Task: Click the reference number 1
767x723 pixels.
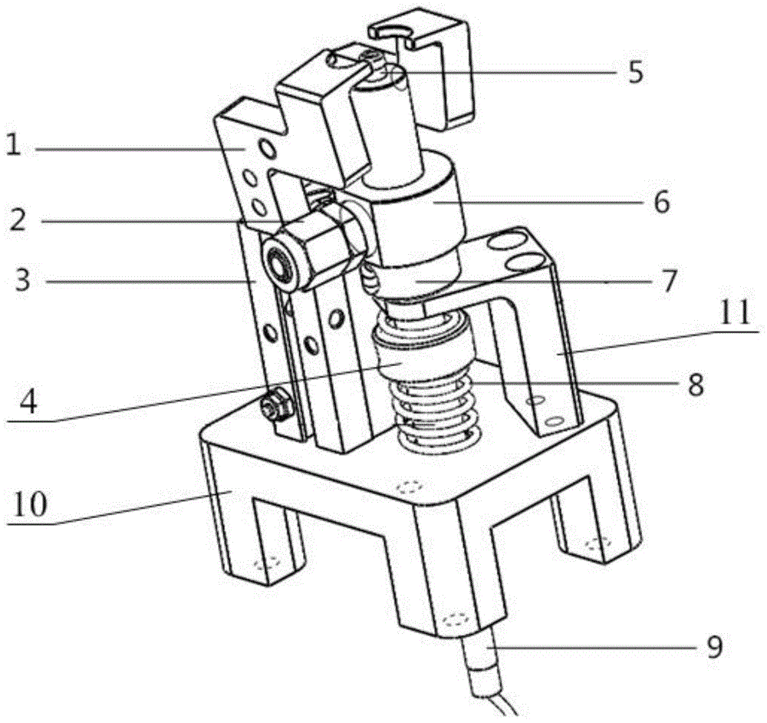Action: click(14, 145)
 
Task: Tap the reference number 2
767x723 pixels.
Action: click(19, 220)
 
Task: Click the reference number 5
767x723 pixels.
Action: click(635, 72)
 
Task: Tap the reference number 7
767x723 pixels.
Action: click(669, 281)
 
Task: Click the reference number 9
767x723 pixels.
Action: click(715, 647)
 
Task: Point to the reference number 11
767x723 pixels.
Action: click(736, 313)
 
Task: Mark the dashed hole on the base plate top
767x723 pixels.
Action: click(410, 488)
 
